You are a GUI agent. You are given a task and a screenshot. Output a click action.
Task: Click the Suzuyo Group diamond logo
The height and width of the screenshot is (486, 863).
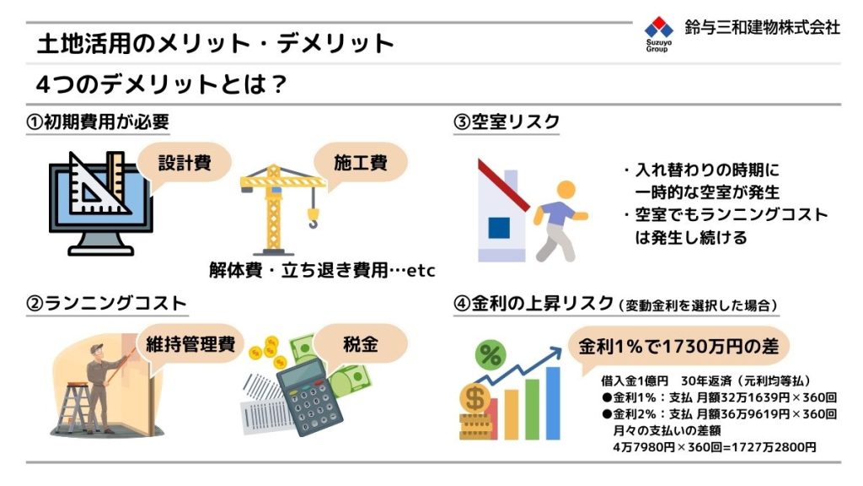tap(659, 28)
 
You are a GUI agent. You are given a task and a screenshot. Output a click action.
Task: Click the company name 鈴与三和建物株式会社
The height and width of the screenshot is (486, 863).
tap(762, 27)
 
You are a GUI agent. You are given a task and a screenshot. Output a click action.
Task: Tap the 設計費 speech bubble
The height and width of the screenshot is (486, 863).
tap(185, 163)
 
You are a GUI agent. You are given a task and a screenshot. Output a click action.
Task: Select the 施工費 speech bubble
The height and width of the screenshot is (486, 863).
tap(361, 163)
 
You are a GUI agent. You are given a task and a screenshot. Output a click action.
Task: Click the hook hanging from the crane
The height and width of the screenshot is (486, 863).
tap(313, 219)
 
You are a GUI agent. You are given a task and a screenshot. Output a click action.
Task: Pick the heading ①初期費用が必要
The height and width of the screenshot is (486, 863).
tap(98, 121)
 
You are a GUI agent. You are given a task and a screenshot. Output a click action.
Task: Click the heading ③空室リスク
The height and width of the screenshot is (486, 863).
tap(507, 121)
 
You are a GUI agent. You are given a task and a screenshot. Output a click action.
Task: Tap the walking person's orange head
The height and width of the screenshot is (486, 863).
tap(566, 190)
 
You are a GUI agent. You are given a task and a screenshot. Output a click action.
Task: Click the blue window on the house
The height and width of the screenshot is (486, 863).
tap(499, 228)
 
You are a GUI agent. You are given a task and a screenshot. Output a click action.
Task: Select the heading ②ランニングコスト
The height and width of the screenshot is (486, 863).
tap(106, 304)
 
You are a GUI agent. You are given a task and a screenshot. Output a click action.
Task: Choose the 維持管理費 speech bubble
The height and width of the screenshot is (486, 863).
tap(190, 344)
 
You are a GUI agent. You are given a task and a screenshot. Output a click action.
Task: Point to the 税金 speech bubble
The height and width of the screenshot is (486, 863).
tap(361, 344)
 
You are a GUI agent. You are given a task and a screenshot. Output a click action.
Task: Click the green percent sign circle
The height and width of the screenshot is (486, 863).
tap(490, 354)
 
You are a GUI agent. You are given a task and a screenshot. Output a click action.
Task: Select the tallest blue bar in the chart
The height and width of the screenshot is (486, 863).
tap(553, 403)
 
